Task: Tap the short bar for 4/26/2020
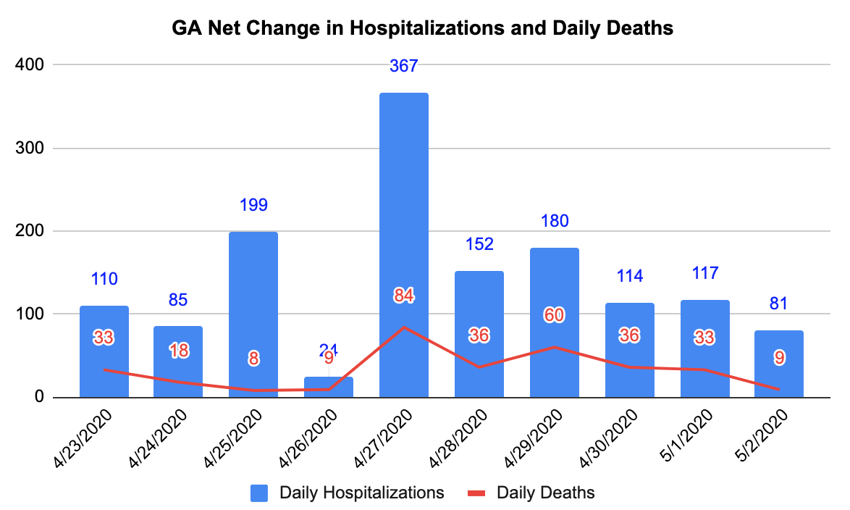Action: coord(329,388)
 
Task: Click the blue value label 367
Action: coord(404,66)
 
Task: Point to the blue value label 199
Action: coord(253,205)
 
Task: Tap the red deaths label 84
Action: coord(404,296)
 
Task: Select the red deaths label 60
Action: coord(555,315)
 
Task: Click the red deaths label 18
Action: coord(178,351)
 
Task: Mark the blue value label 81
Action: coord(779,304)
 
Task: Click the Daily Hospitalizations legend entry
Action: coord(348,493)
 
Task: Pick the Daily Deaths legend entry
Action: coord(531,493)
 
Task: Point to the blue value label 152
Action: coord(479,244)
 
